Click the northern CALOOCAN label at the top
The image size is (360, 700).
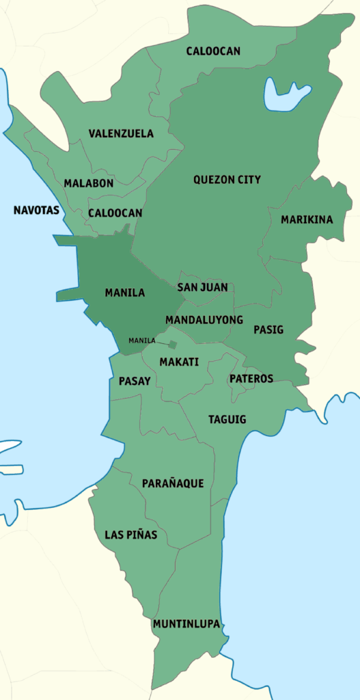pos(213,51)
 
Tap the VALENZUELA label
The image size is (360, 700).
pos(121,133)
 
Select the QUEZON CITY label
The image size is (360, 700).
pos(227,180)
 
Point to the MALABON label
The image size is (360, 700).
pos(89,183)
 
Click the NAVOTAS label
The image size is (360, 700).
pos(36,210)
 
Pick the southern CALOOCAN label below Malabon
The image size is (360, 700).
pos(115,213)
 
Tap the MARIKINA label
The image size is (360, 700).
pos(307,219)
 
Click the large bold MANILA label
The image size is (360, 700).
pos(124,293)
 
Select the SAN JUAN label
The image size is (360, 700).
pos(202,288)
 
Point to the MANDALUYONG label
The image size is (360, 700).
pos(204,320)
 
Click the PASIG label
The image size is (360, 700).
pos(268,329)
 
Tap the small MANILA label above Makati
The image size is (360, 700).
pos(141,340)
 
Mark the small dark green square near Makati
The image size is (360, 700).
pos(173,345)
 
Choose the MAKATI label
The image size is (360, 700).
pos(179,362)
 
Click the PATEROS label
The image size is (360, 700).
pos(251,379)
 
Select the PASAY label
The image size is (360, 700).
pos(134,381)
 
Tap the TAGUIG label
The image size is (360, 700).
pos(227,419)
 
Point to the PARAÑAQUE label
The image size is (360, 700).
pos(173,483)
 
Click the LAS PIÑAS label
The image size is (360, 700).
pos(130,535)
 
